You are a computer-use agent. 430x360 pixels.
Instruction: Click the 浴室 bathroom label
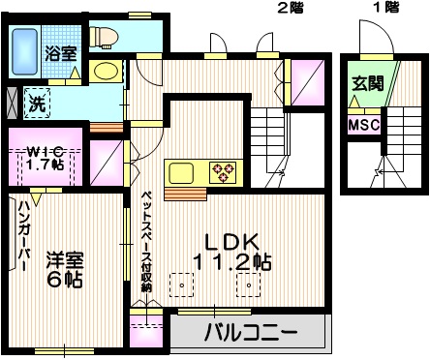point(61,53)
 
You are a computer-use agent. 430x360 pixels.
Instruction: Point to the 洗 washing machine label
point(36,101)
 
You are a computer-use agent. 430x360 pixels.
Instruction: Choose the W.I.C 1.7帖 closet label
point(44,157)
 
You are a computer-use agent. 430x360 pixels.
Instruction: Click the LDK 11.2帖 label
point(235,252)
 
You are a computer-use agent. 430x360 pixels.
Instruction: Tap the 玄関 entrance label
point(366,82)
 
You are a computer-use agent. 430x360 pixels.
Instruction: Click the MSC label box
point(363,126)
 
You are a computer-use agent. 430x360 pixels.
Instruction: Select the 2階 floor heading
point(291,9)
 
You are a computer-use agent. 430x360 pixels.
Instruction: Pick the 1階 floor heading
point(385,9)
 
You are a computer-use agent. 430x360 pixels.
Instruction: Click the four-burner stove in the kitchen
point(225,172)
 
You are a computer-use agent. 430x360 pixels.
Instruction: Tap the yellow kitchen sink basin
point(183,173)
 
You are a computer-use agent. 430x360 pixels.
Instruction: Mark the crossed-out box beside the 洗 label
point(12,101)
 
